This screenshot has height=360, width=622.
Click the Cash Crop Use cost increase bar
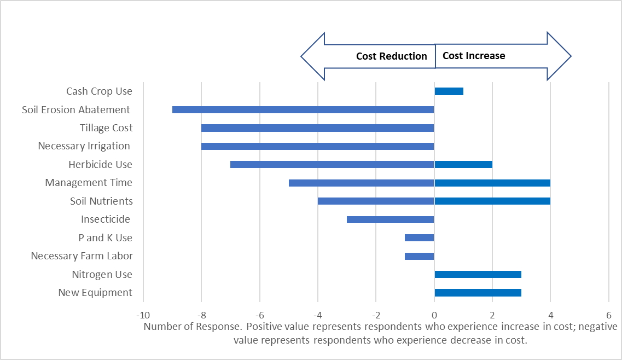449,91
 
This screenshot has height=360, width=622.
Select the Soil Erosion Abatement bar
303,109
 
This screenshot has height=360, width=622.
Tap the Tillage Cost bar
317,128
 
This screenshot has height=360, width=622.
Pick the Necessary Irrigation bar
317,146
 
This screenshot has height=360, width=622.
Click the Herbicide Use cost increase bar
463,165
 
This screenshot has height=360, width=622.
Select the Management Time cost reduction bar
361,183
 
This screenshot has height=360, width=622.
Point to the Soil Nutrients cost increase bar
492,201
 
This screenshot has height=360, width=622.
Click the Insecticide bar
390,219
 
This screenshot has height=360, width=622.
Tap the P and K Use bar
420,238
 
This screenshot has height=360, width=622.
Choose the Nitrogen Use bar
478,274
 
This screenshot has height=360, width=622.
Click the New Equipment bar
478,293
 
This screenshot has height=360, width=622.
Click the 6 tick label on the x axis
608,316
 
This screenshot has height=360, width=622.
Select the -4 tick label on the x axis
317,316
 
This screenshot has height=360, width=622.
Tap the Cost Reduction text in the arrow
391,56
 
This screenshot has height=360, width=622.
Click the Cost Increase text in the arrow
474,56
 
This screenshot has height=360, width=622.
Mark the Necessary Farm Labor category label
82,256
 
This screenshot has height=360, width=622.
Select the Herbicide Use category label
100,165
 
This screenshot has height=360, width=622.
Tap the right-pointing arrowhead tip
571,56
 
